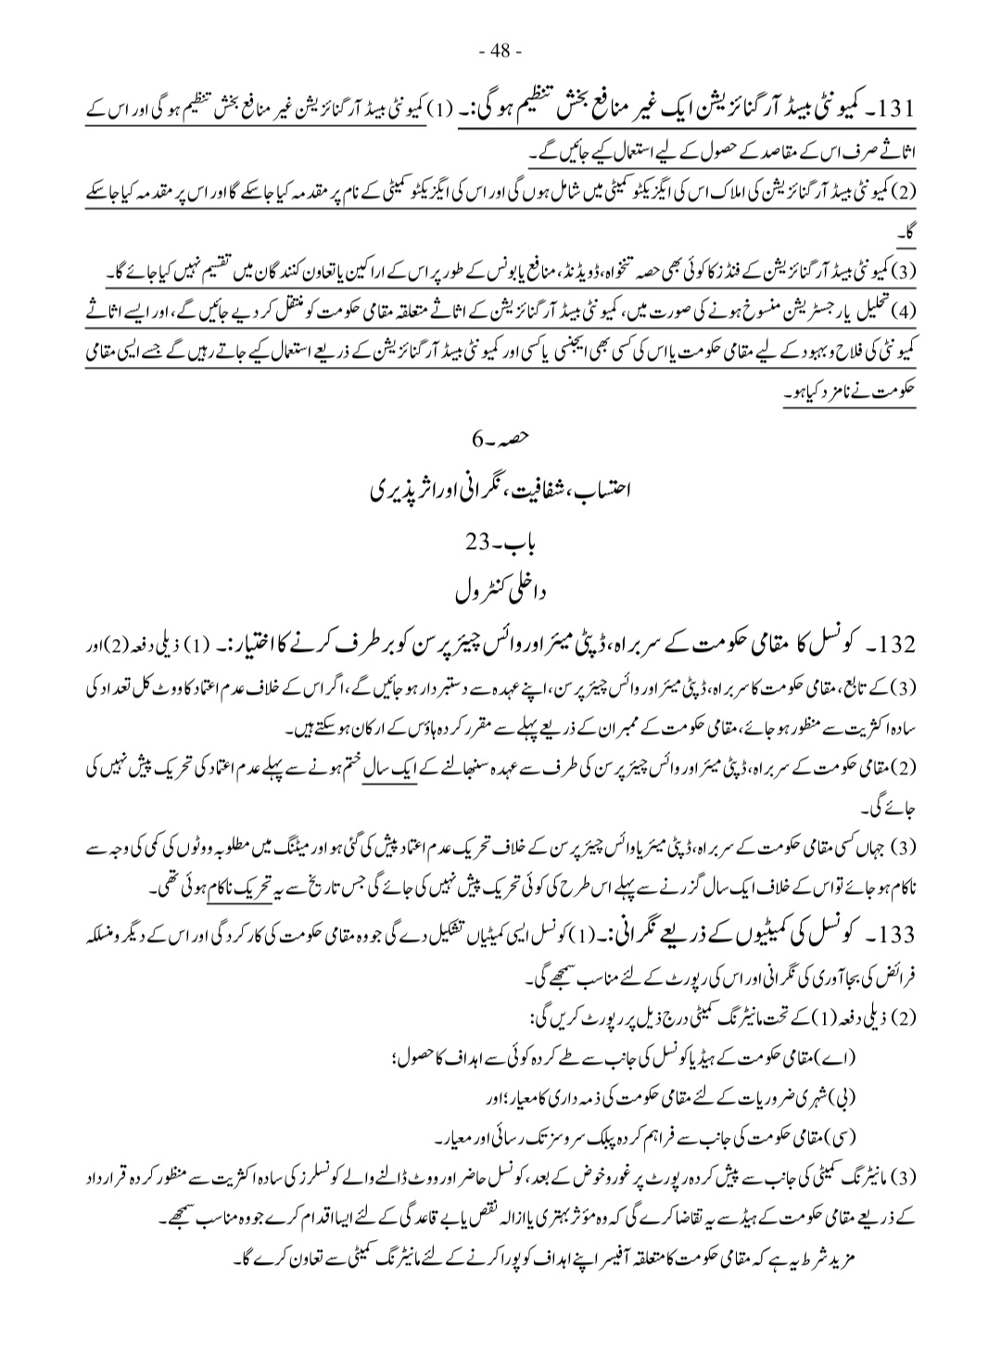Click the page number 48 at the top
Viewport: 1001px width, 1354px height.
(x=500, y=49)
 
